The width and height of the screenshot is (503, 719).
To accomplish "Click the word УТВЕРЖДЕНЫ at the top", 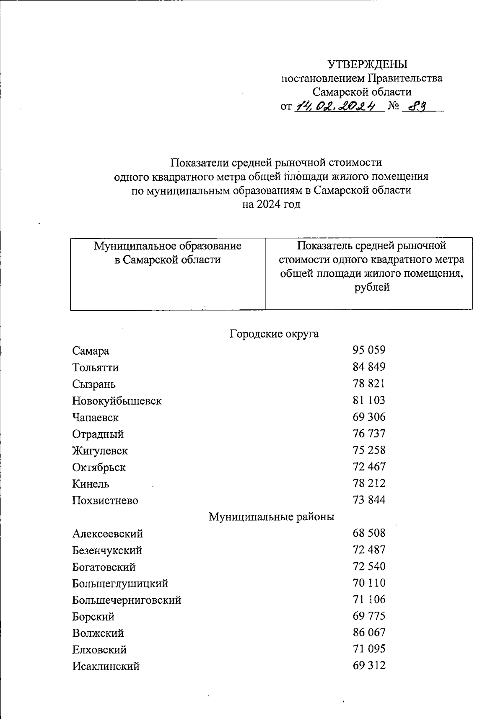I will coord(367,64).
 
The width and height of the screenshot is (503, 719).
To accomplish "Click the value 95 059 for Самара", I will coord(369,350).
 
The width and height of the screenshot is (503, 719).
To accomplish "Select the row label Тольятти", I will coord(95,368).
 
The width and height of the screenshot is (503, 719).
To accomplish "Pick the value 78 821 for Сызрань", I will coord(369,384).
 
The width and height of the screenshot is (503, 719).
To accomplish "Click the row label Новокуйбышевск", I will coord(117,401).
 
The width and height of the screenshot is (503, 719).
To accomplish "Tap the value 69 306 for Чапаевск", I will coord(369,417).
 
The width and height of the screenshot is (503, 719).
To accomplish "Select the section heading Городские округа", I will coord(274,334).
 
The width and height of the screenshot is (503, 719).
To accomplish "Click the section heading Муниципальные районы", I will coord(272,517).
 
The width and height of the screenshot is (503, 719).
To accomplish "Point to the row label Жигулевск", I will coord(100,451).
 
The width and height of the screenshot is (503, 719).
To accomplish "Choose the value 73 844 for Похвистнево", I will coord(369,500).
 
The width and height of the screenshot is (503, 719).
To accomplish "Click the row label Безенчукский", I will coord(107,550).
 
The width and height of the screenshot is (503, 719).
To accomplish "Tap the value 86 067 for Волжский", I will coord(369,633).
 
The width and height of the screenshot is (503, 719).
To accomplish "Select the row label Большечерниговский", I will coord(127,600).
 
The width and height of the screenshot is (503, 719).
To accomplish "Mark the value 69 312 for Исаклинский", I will coord(369,666).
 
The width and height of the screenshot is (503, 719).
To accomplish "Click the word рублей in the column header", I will coord(372,288).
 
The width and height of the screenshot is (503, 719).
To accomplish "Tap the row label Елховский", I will coord(99,650).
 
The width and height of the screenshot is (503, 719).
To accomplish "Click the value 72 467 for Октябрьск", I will coord(369,467).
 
